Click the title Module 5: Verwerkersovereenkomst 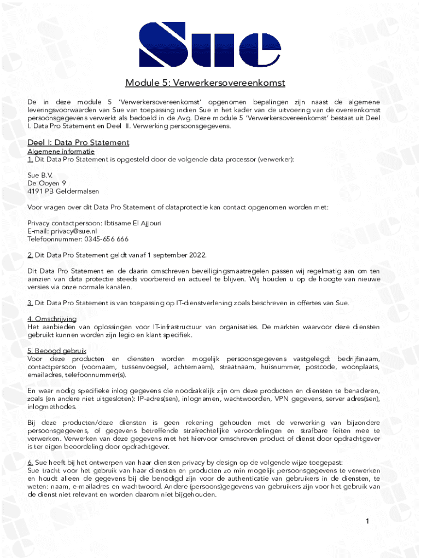point(205,83)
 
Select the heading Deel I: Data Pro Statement point(78,143)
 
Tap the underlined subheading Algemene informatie point(61,151)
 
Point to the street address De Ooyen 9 point(47,183)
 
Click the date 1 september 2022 point(176,255)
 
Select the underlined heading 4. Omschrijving point(52,319)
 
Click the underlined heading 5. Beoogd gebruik point(56,351)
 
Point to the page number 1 point(369,522)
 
